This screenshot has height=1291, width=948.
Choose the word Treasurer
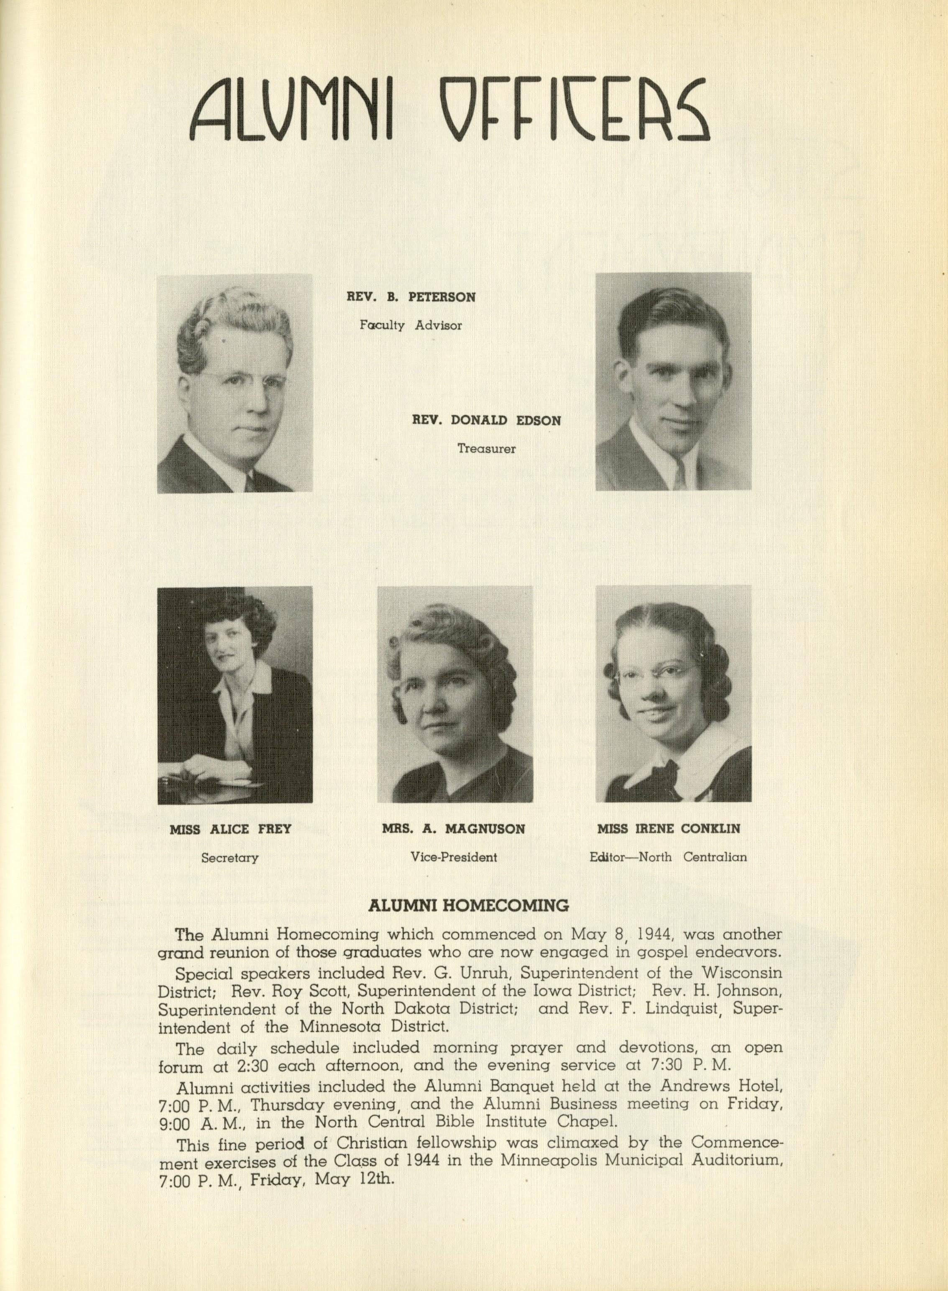point(487,449)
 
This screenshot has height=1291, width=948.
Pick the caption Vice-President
point(453,858)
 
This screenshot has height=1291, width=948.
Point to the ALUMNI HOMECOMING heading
point(469,906)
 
